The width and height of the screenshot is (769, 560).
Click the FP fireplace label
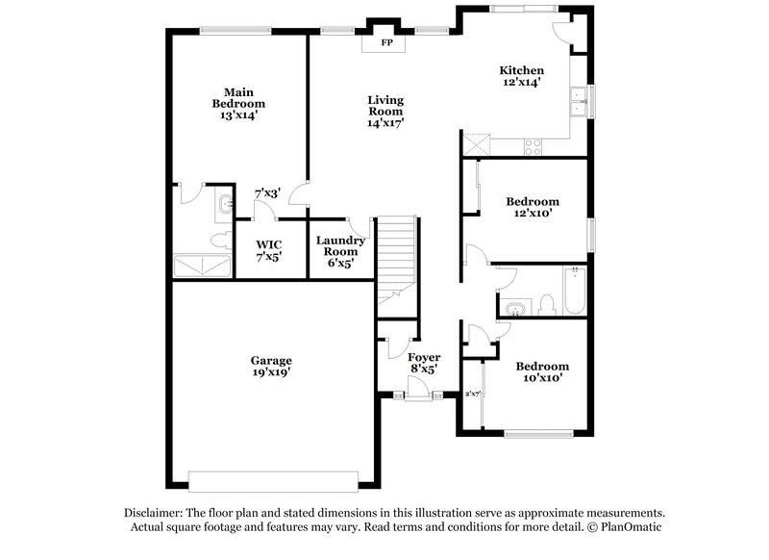pos(386,43)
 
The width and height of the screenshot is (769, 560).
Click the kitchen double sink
pos(579,101)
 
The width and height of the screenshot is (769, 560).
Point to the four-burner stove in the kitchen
pos(532,146)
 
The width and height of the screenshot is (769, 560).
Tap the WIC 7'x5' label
pos(268,251)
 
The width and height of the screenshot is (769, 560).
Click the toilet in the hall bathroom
pos(548,305)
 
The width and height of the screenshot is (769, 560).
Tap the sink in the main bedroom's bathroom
pos(225,204)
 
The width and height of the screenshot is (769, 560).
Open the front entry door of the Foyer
pos(417,390)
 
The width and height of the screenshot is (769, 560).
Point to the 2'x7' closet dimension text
pos(472,394)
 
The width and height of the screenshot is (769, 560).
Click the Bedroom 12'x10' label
pos(533,207)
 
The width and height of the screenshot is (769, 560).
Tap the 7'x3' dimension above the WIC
pos(265,193)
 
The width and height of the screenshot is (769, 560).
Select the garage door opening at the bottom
pos(274,478)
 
